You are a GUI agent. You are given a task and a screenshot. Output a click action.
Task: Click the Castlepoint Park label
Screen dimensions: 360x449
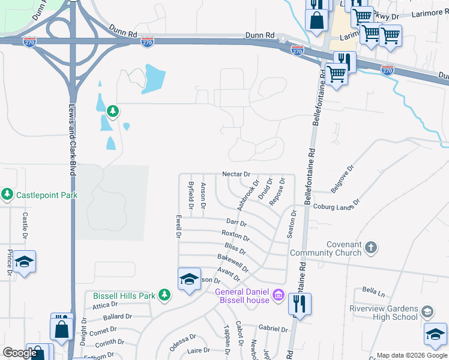pos(46,194)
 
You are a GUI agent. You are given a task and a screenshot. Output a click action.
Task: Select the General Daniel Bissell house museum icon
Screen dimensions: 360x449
pos(278,295)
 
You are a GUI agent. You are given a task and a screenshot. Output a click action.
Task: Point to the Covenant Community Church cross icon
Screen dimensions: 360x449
pos(372,247)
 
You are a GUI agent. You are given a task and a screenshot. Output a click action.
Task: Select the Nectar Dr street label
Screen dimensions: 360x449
pos(235,174)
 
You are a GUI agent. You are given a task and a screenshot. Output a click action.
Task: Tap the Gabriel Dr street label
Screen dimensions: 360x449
pos(273,328)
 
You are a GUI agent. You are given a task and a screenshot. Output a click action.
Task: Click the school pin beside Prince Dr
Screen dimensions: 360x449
pos(24,262)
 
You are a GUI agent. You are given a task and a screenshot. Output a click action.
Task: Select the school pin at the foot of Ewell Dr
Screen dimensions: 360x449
pos(188,279)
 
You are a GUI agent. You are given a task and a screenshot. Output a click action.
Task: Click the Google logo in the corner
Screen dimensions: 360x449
pos(20,353)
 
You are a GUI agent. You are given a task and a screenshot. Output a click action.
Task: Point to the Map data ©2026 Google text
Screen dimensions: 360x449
pos(411,355)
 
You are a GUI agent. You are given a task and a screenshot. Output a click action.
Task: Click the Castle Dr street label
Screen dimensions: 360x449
pos(25,224)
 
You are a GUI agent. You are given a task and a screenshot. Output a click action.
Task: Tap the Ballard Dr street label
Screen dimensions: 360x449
pos(117,317)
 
